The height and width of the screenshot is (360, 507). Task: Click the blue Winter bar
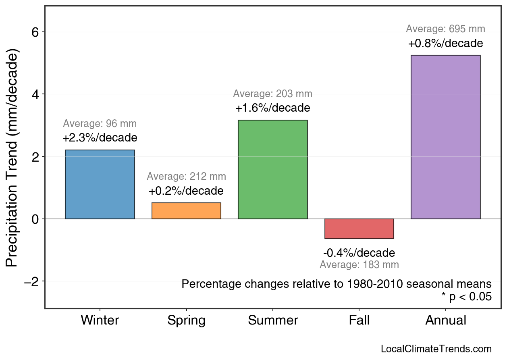coord(100,184)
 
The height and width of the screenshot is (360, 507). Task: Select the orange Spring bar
coord(186,211)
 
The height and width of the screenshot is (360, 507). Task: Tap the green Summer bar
coord(273,169)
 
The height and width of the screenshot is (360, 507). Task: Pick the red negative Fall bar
coord(359,229)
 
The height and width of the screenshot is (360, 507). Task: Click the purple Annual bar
coord(445,137)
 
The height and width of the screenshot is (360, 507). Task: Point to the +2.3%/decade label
coord(100,138)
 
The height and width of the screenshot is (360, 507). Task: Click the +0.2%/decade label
coord(186,191)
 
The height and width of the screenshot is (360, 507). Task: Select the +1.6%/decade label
coord(273,108)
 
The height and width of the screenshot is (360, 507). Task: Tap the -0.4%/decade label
coord(359,253)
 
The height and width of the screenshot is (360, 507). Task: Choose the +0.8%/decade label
coord(445,43)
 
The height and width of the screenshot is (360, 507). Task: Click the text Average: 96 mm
coord(100,124)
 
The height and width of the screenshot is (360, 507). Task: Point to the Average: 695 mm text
coord(445,29)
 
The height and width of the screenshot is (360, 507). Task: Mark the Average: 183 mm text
coord(359,265)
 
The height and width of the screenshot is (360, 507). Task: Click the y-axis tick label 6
coord(35,32)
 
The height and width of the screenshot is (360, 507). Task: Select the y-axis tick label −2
coord(31,281)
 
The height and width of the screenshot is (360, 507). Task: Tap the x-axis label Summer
coord(273,320)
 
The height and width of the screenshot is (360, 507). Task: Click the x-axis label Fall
coord(359,320)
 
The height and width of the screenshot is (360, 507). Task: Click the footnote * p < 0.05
coord(466,297)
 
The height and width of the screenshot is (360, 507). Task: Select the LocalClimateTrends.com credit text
coord(436,349)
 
